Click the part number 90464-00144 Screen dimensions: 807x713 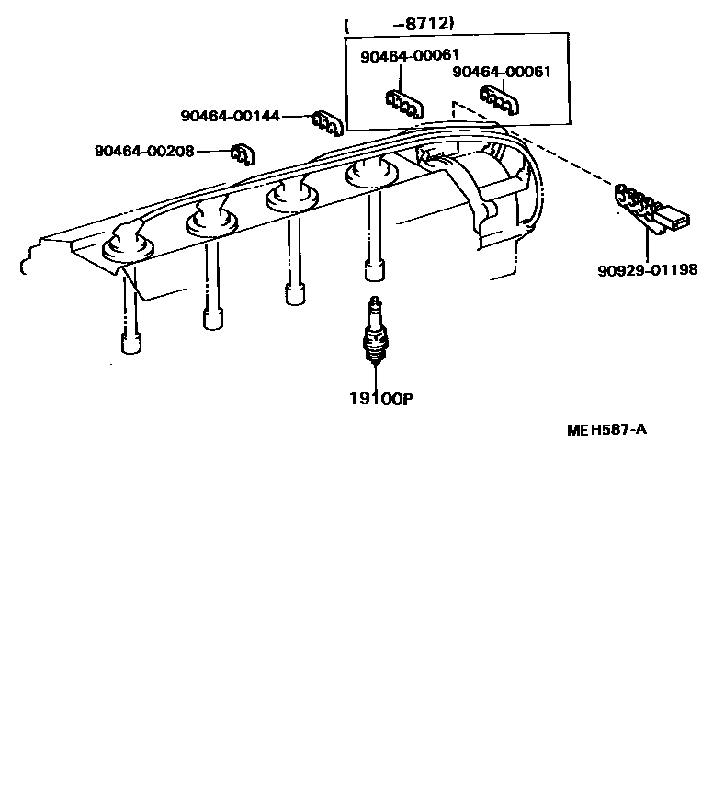tap(230, 117)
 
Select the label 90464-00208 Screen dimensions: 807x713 tap(143, 151)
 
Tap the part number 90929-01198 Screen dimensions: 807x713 tap(647, 270)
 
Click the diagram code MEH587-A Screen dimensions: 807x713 tap(606, 428)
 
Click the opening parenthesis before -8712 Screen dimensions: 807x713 tap(347, 26)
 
